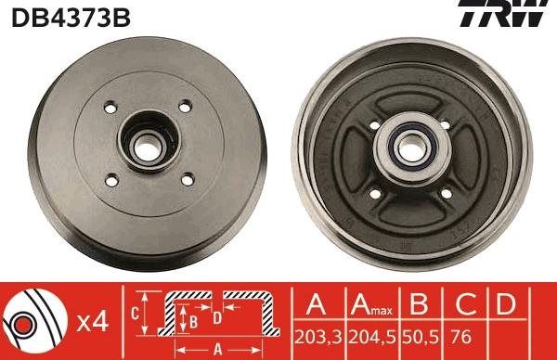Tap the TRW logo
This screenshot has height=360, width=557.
513,16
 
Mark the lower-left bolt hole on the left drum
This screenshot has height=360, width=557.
112,179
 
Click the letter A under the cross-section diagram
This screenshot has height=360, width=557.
217,350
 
